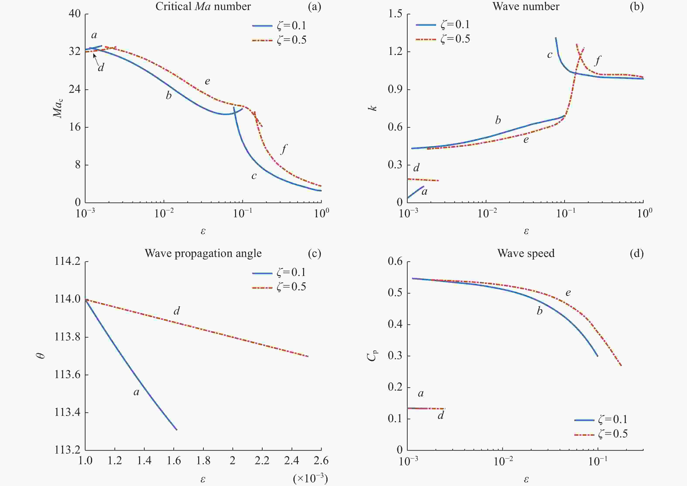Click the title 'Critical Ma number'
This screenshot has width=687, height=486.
[203, 7]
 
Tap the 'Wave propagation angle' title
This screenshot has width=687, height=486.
[203, 253]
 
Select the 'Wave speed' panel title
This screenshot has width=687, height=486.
[526, 253]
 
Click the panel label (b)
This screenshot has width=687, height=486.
[636, 7]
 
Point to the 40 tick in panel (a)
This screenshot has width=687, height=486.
[75, 14]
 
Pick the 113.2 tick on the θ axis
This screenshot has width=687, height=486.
[67, 450]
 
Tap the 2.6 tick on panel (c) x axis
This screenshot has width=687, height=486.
[321, 461]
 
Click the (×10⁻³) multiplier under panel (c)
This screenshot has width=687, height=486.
[310, 479]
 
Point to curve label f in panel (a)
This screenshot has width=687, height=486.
[283, 149]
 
